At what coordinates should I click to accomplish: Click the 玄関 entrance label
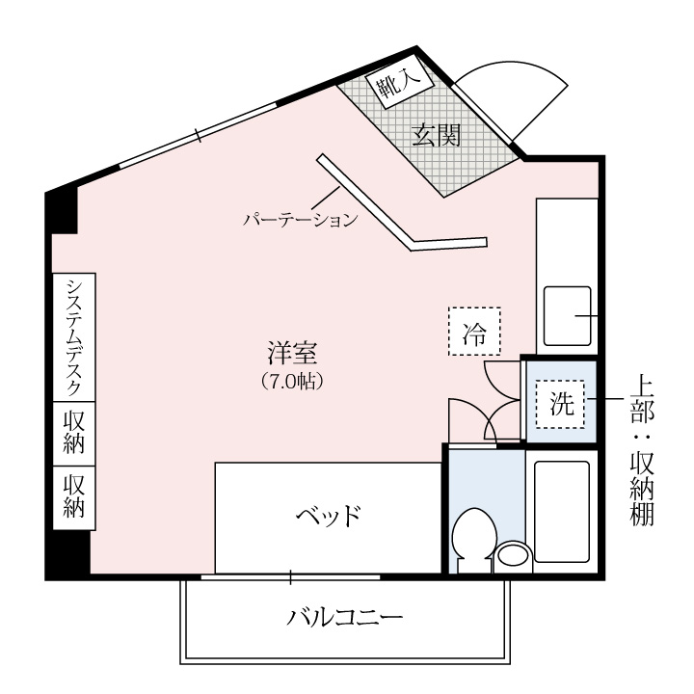[x=437, y=136]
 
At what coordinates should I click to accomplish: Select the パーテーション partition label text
[x=301, y=220]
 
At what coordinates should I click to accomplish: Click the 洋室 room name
[x=292, y=353]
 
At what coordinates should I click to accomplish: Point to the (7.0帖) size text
[x=292, y=382]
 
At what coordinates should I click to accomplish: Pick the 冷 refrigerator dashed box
[x=474, y=331]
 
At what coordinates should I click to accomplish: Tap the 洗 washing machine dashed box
[x=560, y=404]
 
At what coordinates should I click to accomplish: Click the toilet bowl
[x=473, y=540]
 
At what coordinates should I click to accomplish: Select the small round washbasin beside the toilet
[x=513, y=557]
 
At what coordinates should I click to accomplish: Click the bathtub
[x=562, y=511]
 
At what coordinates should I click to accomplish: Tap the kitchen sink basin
[x=568, y=316]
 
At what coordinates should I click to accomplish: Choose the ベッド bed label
[x=329, y=516]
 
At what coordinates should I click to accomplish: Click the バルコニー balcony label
[x=345, y=617]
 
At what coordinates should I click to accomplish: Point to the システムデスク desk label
[x=73, y=337]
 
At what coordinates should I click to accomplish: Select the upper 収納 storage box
[x=74, y=434]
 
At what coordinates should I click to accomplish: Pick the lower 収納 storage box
[x=74, y=497]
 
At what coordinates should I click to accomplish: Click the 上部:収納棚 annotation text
[x=642, y=450]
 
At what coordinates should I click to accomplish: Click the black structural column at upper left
[x=62, y=211]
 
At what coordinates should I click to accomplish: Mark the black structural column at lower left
[x=68, y=553]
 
